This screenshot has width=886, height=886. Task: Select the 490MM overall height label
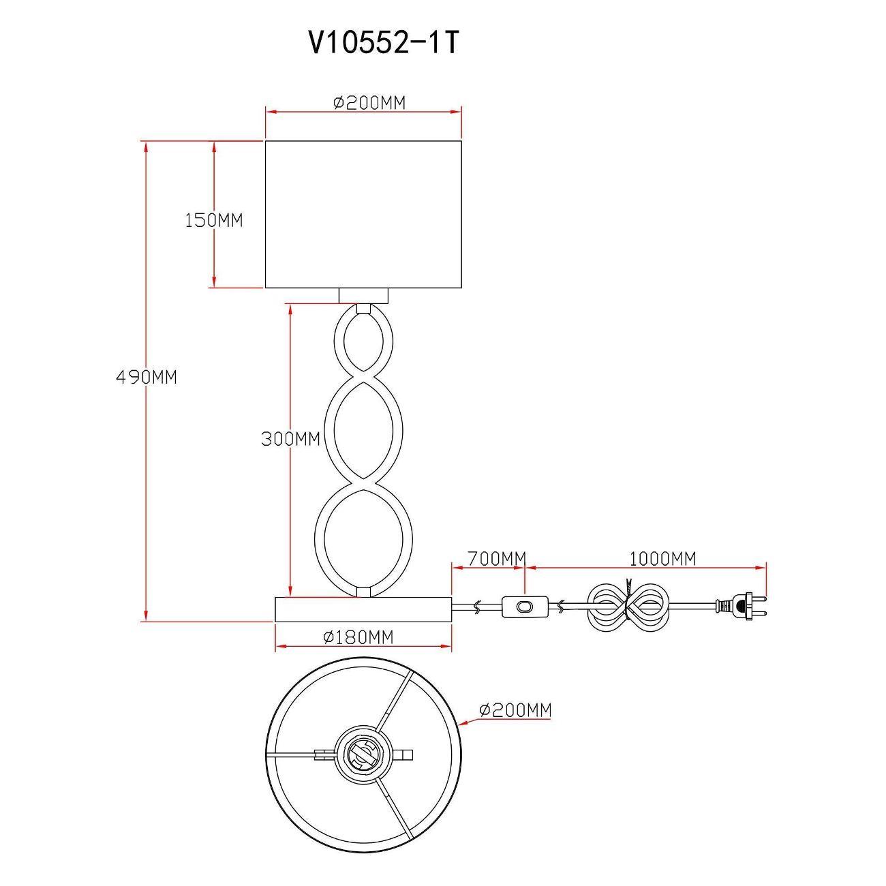point(146,377)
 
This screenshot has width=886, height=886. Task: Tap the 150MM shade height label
point(213,220)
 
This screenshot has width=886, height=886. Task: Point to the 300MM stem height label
point(290,439)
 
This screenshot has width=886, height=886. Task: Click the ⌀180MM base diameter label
point(358,637)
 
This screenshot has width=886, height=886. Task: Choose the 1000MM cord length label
point(662,559)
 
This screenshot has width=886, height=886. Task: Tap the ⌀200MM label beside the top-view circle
point(515,710)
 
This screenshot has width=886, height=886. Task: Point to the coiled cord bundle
point(627,605)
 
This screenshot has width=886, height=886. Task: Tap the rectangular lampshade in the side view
point(363,214)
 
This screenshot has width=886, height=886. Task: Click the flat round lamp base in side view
point(363,609)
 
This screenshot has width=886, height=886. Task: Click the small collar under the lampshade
point(363,295)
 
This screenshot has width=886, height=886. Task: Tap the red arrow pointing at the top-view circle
point(469,719)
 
